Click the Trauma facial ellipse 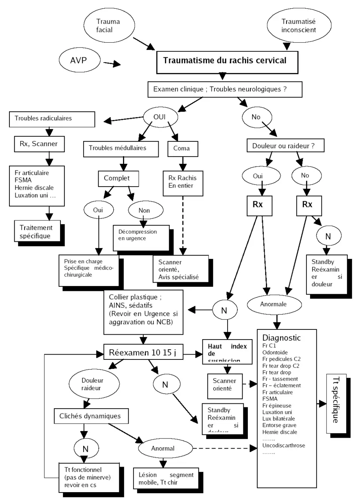click(109, 25)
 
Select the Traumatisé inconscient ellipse click(299, 25)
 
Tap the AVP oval click(79, 60)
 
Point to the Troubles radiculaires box click(52, 119)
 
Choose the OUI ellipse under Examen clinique click(160, 117)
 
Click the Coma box click(182, 148)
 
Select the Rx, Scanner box click(39, 144)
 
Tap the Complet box click(118, 178)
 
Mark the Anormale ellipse click(274, 304)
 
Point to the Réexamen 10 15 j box click(143, 353)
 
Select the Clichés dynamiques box click(91, 416)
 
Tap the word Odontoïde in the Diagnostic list click(275, 352)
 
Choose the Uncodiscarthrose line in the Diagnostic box click(283, 446)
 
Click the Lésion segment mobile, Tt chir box click(166, 478)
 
